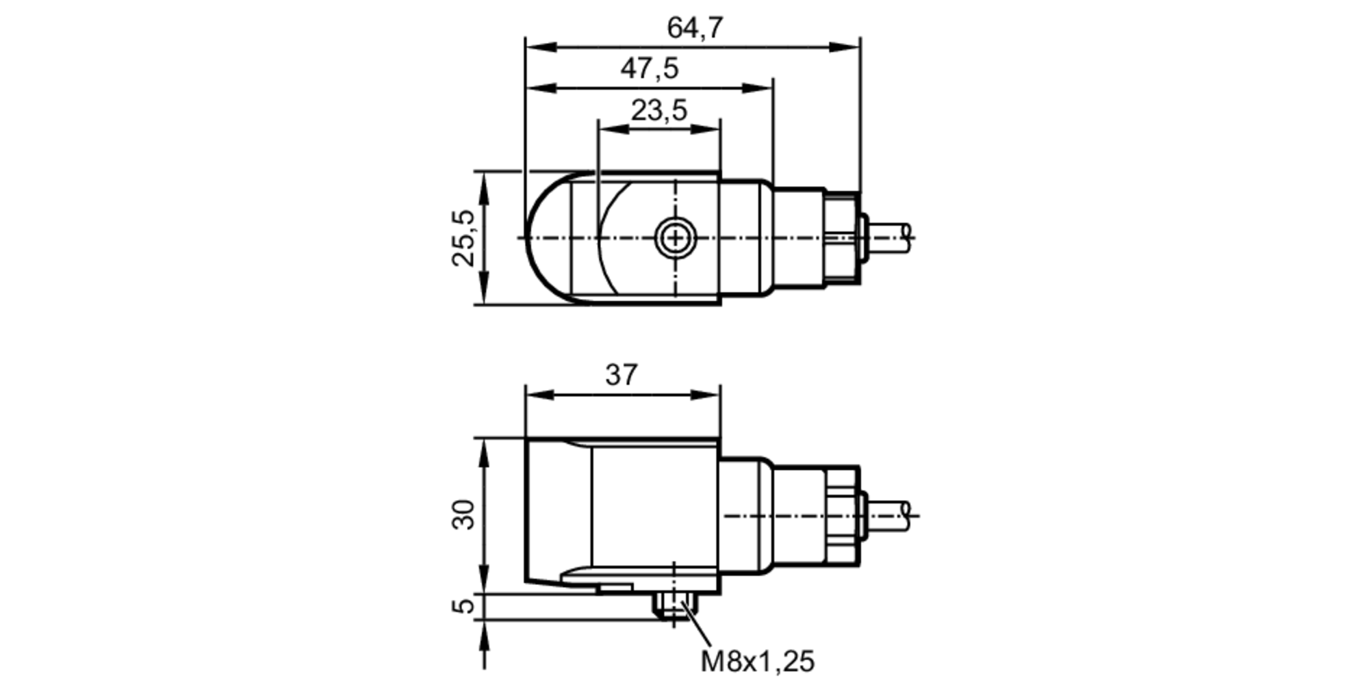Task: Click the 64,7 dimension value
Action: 694,28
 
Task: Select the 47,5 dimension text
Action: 649,69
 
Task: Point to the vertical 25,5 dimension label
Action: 463,238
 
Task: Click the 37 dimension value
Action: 621,375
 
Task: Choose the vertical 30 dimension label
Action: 463,514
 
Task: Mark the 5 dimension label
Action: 463,606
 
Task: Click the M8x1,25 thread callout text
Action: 757,662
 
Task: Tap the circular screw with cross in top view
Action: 676,238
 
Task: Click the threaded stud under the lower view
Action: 674,605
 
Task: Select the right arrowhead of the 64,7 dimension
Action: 845,47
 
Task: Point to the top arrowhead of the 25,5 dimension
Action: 484,187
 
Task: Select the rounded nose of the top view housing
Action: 541,238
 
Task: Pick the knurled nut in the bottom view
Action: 843,515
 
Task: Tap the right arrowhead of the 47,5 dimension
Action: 758,88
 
